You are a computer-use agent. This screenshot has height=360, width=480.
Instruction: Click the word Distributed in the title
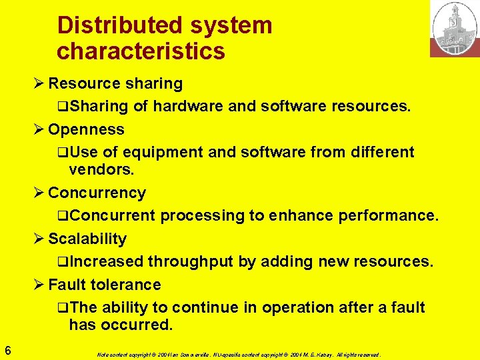coord(109,25)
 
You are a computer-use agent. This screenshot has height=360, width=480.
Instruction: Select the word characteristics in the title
coord(141,51)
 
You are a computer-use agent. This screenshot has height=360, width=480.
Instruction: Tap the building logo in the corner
coord(454,29)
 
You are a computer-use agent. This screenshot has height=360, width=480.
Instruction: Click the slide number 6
coord(7,349)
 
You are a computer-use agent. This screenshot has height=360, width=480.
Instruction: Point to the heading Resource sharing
coord(115,83)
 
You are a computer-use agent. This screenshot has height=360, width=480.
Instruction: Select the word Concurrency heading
coord(97,193)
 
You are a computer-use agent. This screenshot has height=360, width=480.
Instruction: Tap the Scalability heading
coord(87,239)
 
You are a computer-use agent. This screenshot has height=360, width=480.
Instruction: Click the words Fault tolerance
coord(105,285)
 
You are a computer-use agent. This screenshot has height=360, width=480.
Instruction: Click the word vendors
coord(101,169)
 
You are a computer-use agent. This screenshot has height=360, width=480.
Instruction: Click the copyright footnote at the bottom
coord(237,354)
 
